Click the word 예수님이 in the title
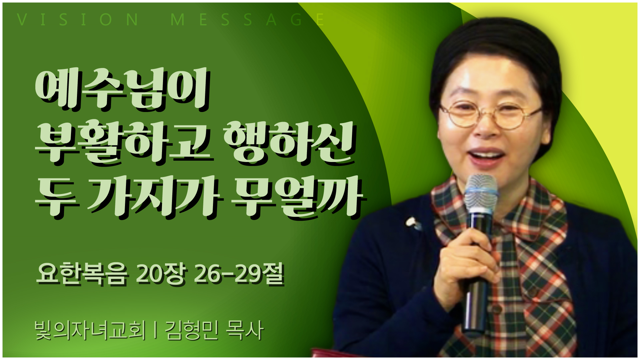122,89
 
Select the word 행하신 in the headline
289,143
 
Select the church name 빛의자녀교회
90,330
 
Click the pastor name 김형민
192,330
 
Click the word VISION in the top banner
78,20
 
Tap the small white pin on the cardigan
413,223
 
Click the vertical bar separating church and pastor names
155,330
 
